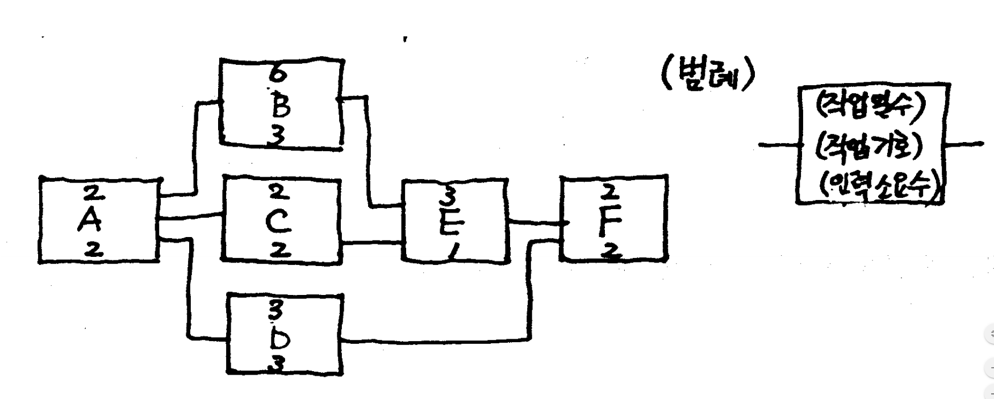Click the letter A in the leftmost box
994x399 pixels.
(x=90, y=222)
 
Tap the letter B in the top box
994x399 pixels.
(x=280, y=106)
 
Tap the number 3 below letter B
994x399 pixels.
(x=278, y=136)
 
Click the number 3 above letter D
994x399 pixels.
(x=277, y=310)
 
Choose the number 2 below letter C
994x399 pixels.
(x=278, y=251)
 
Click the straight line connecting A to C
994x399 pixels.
(x=190, y=217)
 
